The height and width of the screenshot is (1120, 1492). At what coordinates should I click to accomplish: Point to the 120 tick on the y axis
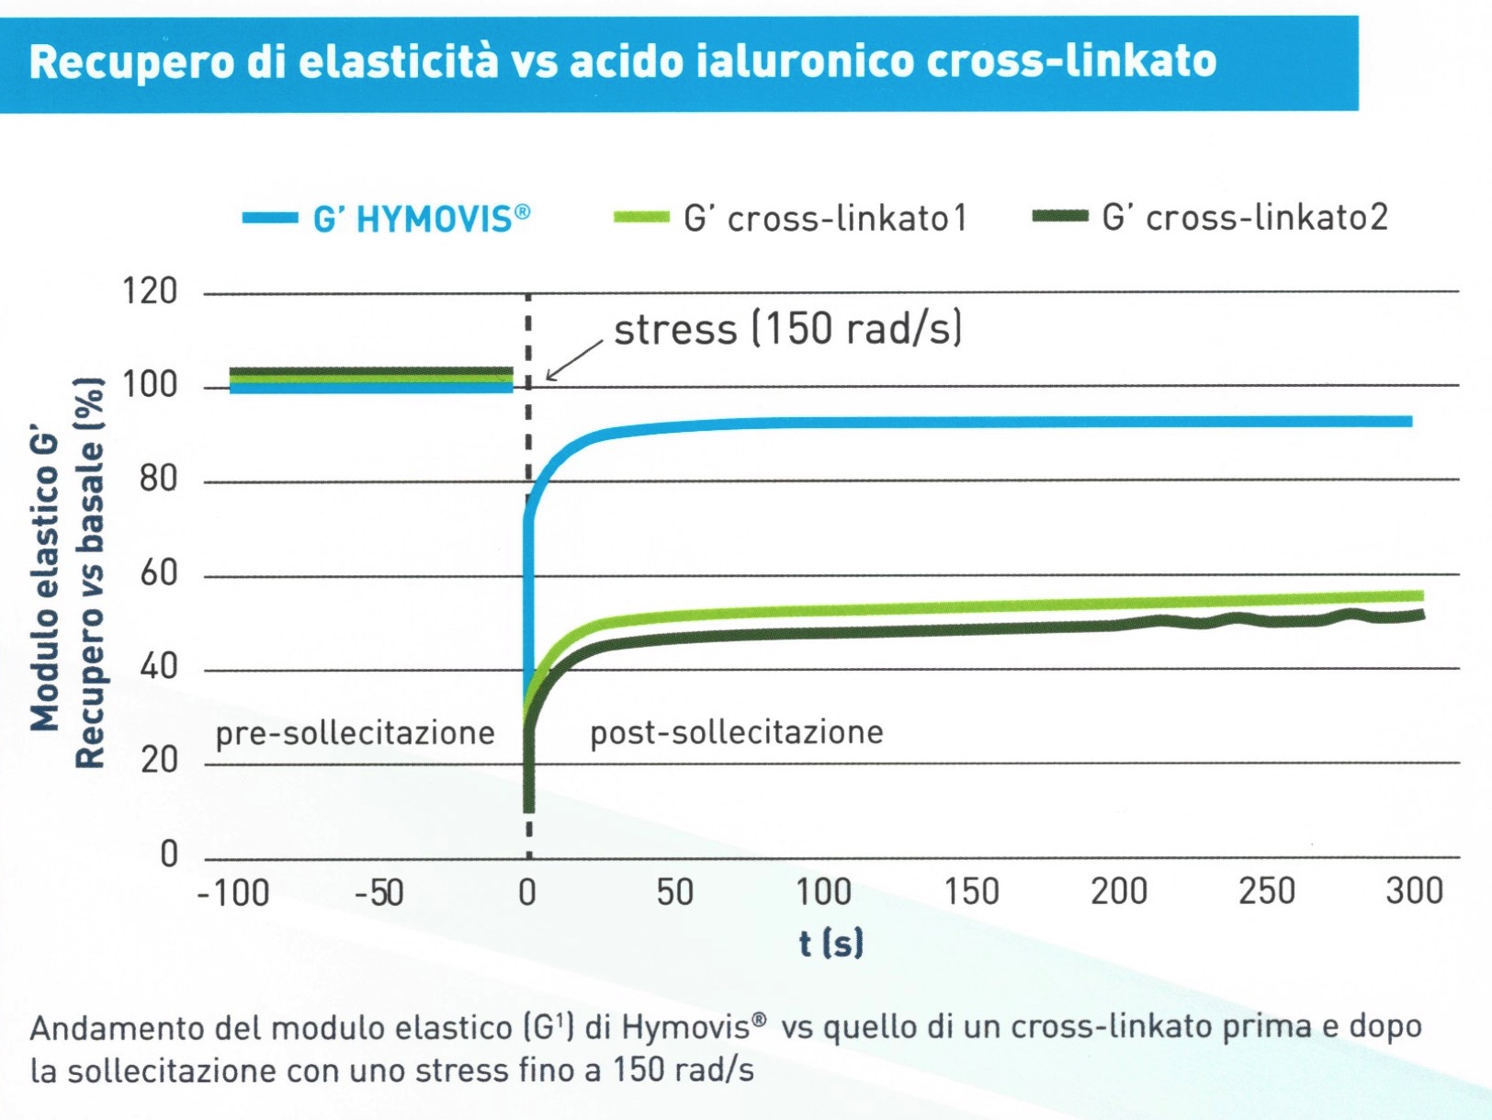(150, 291)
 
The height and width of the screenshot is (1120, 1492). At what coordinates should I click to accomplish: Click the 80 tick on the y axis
(158, 479)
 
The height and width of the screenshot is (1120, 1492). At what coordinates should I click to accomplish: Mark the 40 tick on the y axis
(158, 666)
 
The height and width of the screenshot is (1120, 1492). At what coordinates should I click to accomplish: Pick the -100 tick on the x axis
(233, 892)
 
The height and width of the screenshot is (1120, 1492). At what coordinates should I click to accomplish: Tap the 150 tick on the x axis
(971, 891)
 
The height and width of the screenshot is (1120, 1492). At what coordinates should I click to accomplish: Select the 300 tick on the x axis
(1415, 890)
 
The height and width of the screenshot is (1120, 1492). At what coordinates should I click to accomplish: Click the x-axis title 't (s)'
(831, 943)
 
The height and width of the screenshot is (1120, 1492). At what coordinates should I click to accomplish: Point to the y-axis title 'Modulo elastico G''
(45, 581)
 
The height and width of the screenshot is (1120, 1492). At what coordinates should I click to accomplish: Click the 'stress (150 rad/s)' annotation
(787, 329)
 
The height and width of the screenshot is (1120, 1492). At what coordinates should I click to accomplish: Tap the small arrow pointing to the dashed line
(572, 359)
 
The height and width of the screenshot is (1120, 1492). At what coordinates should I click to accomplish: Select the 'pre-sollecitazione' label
(355, 733)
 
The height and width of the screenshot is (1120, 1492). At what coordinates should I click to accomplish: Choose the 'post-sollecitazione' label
(736, 732)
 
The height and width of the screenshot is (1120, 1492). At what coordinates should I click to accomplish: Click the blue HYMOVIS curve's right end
(1409, 422)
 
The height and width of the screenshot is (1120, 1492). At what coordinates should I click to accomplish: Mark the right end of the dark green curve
(1421, 615)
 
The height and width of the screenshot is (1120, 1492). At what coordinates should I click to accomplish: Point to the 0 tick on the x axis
(527, 892)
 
